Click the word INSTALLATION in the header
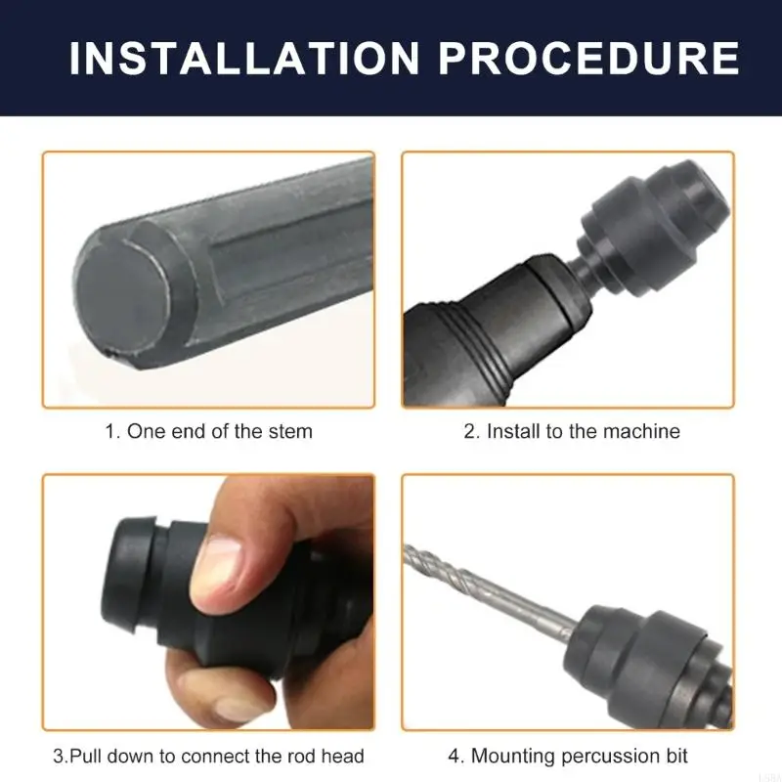coord(244,59)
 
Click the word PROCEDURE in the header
coord(589,59)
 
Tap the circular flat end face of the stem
coord(121,298)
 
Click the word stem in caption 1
coord(290,431)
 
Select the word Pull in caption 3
coord(86,756)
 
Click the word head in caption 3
coord(343,756)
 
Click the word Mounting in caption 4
coord(514,757)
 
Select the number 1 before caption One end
coord(110,431)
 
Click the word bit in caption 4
coord(676,756)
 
